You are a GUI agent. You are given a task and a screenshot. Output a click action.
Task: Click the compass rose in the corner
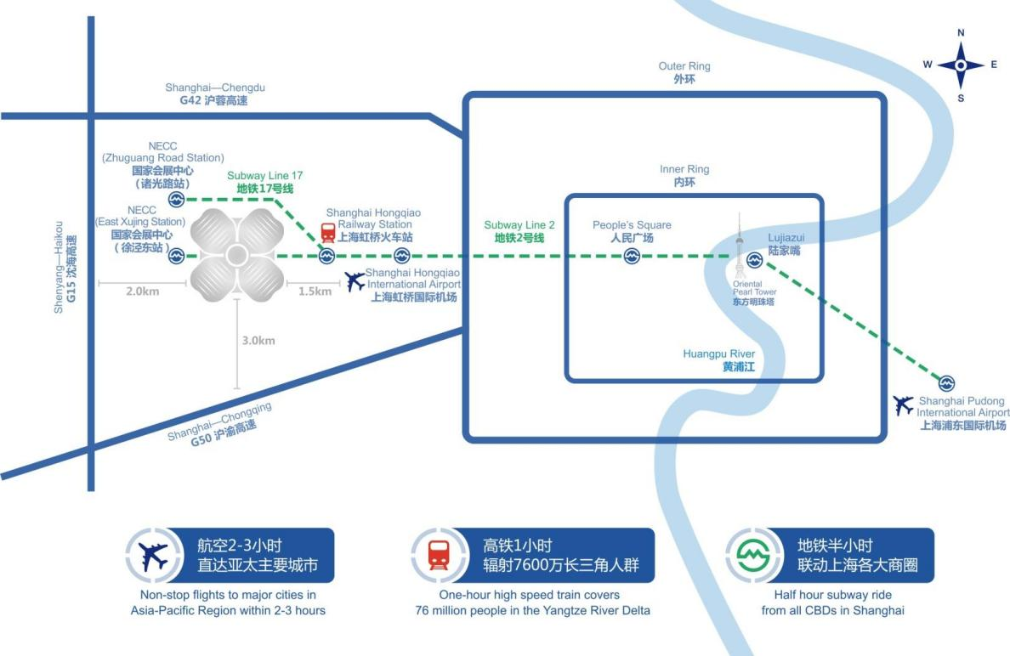point(961,65)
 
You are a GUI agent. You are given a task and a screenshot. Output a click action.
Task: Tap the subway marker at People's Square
point(632,256)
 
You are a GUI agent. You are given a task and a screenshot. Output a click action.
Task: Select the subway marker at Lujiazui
point(754,259)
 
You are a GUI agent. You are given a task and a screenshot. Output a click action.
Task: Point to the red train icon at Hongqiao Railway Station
point(327,232)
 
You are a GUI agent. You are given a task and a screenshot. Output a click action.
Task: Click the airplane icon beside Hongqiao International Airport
point(356,280)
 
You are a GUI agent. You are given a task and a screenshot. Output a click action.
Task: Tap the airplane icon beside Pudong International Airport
point(904,405)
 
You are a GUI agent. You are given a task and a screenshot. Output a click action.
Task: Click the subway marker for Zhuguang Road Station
point(176,200)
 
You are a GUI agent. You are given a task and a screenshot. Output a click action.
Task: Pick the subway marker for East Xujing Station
point(176,255)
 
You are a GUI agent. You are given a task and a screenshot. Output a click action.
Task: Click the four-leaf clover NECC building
point(236,255)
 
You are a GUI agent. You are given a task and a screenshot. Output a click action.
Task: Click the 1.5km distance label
point(315,291)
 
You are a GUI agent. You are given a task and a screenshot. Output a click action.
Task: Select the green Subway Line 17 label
point(264,182)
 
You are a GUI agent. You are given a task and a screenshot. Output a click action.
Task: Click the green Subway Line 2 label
point(519,232)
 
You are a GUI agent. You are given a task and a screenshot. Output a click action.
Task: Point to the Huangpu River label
point(718,360)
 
